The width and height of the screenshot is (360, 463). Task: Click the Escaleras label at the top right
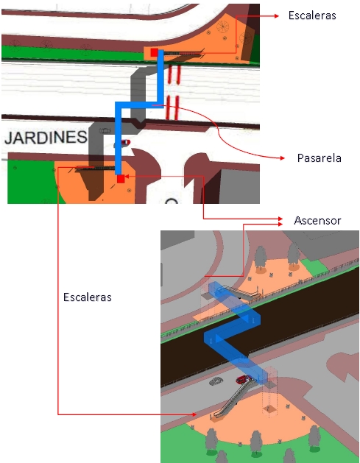click(x=312, y=15)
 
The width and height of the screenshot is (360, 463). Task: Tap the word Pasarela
click(x=320, y=158)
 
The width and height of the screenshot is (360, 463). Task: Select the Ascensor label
click(x=317, y=221)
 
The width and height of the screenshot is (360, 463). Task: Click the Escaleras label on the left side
click(x=88, y=297)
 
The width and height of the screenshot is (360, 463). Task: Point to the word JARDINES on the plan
click(x=46, y=138)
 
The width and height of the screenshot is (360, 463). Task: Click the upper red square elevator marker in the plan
click(x=154, y=52)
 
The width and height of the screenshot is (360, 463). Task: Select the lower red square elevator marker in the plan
click(x=121, y=179)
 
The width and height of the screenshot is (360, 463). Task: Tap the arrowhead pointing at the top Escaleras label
click(x=276, y=16)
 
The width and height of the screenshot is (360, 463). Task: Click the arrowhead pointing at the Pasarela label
click(x=282, y=158)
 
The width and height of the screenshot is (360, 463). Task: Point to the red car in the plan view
click(x=125, y=143)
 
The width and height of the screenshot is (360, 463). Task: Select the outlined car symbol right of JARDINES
click(x=105, y=130)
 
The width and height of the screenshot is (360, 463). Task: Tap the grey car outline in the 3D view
click(x=216, y=381)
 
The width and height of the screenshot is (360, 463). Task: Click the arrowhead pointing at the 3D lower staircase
click(x=194, y=414)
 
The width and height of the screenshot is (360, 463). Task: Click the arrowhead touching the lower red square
click(x=127, y=177)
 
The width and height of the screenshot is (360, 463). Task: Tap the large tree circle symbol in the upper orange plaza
click(x=222, y=26)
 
